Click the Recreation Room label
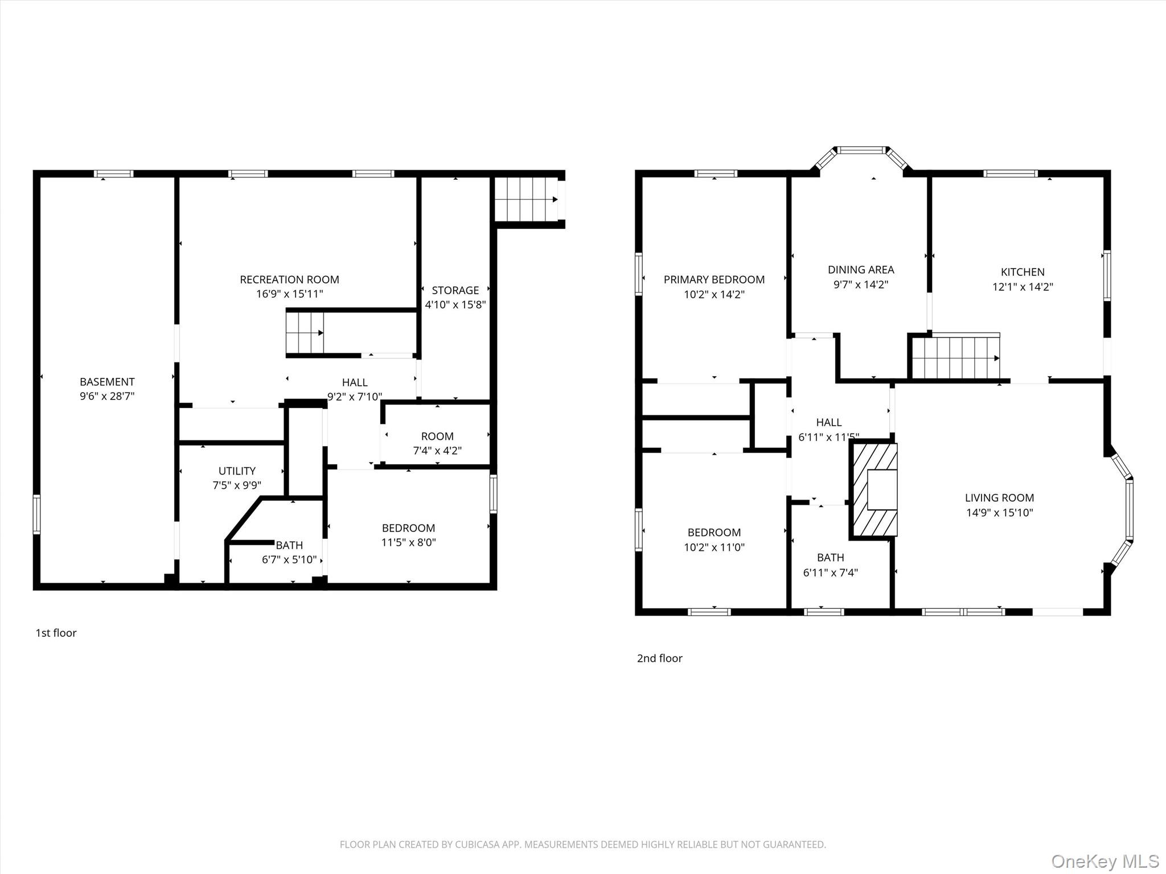pyautogui.click(x=289, y=279)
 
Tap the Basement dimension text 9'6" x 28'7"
pyautogui.click(x=107, y=396)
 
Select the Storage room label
pyautogui.click(x=455, y=290)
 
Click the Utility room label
pyautogui.click(x=237, y=471)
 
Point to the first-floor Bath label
pyautogui.click(x=289, y=545)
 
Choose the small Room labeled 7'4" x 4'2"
pyautogui.click(x=437, y=436)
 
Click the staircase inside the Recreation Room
pyautogui.click(x=305, y=333)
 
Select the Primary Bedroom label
pyautogui.click(x=714, y=279)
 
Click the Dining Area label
pyautogui.click(x=861, y=270)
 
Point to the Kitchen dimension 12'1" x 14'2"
pyautogui.click(x=1023, y=287)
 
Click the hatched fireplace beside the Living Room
pyautogui.click(x=874, y=490)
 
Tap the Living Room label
pyautogui.click(x=999, y=498)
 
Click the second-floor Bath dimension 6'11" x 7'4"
pyautogui.click(x=830, y=572)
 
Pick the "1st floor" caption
pyautogui.click(x=56, y=633)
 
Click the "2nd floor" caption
pyautogui.click(x=659, y=658)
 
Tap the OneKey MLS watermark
pyautogui.click(x=1105, y=861)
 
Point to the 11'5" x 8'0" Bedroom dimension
pyautogui.click(x=408, y=542)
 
